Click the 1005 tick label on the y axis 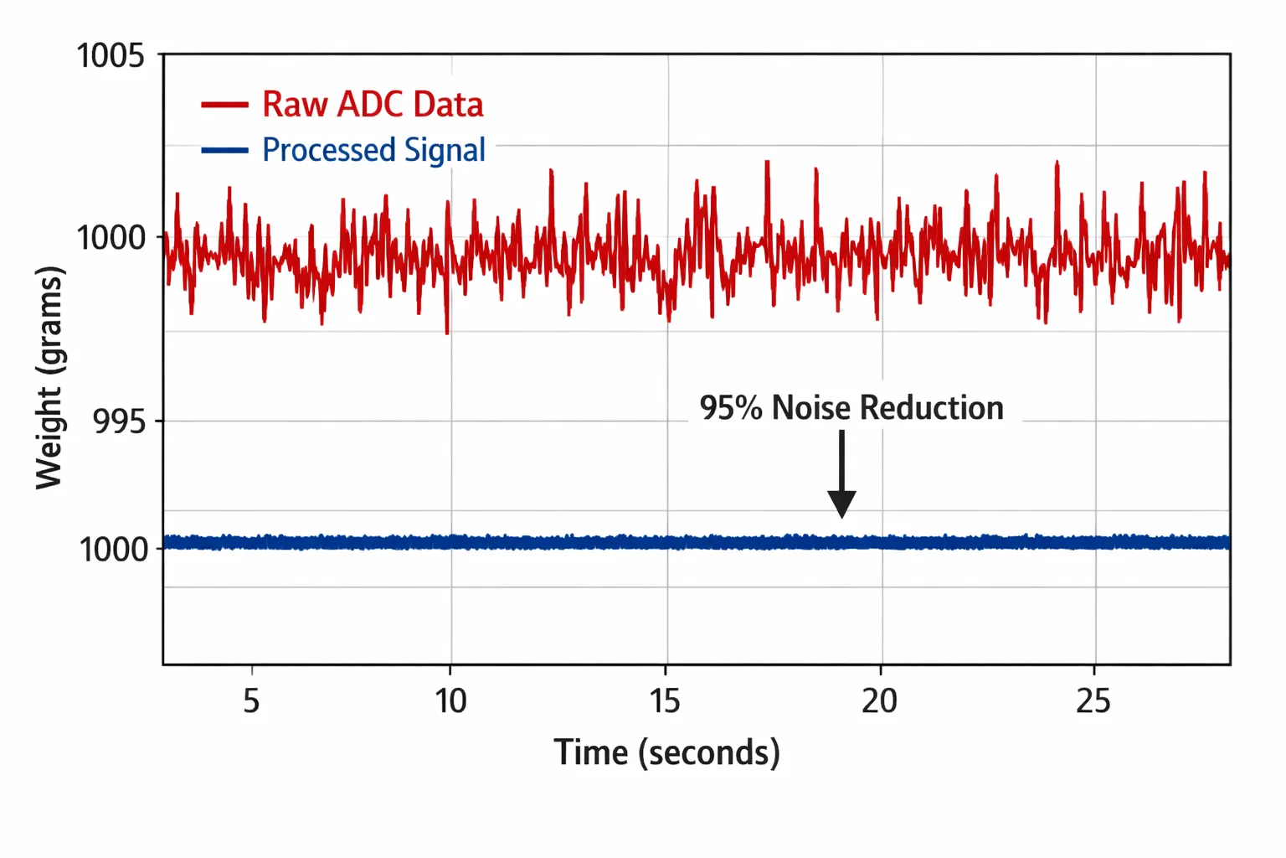[x=110, y=56]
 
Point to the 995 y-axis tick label [x=119, y=421]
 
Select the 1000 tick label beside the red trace [x=111, y=238]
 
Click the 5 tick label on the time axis [x=251, y=700]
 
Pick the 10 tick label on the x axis [x=450, y=700]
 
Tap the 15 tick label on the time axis [x=666, y=700]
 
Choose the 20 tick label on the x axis [x=879, y=700]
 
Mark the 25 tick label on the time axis [x=1093, y=700]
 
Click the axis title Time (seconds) [x=666, y=752]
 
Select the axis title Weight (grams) [x=49, y=377]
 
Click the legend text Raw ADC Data [x=373, y=105]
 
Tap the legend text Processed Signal [x=373, y=150]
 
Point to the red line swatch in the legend [x=224, y=105]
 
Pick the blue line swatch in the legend [x=224, y=151]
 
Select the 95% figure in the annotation [x=731, y=408]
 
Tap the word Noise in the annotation [x=811, y=408]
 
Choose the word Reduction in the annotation [x=931, y=408]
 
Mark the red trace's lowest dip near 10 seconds [x=447, y=332]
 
